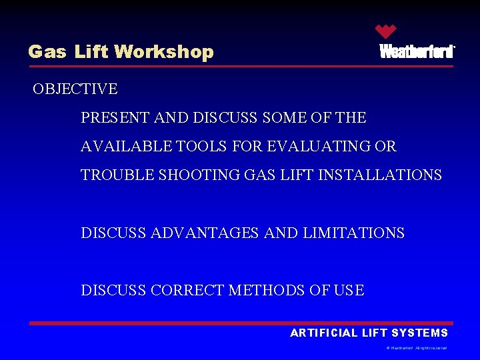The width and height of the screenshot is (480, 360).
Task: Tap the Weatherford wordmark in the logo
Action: coord(417,51)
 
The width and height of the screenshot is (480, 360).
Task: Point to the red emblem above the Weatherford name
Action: coord(385,31)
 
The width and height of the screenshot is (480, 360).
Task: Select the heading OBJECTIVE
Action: coord(75,89)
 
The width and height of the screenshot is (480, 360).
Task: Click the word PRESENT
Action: coord(115,118)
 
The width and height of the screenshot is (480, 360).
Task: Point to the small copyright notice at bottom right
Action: coord(416,348)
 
